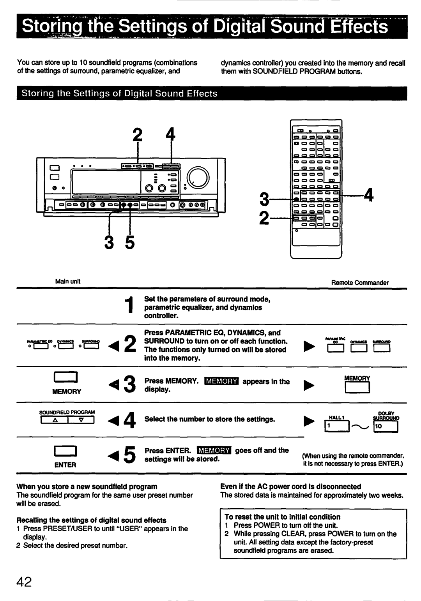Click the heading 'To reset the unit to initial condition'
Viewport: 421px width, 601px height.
click(283, 517)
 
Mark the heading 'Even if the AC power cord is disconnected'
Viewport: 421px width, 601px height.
click(290, 486)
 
